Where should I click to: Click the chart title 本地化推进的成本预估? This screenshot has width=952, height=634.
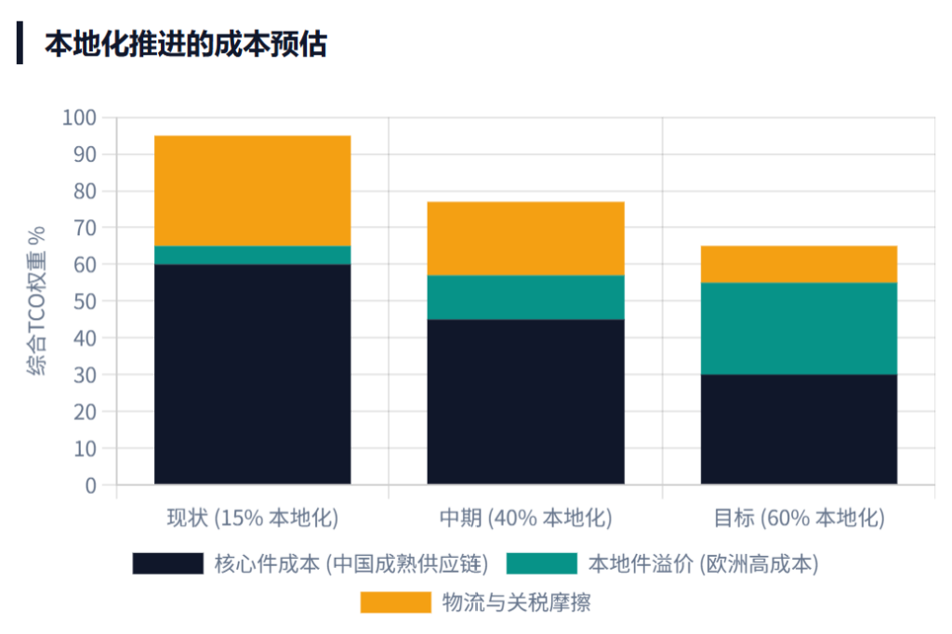(185, 44)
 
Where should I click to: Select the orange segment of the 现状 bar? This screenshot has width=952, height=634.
(252, 191)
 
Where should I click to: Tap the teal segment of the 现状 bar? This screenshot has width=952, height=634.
(252, 255)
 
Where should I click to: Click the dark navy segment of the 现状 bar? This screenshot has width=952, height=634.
(252, 374)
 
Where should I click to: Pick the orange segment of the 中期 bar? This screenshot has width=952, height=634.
(525, 238)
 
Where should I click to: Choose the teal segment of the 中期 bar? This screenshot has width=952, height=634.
(525, 297)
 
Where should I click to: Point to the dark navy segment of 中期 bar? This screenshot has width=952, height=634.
(525, 402)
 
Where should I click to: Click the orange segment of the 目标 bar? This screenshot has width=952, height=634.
(799, 264)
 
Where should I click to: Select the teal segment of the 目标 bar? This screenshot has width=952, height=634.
(799, 328)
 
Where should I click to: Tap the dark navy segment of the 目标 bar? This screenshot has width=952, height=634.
(799, 429)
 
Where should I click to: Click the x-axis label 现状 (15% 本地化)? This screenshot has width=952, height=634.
(252, 518)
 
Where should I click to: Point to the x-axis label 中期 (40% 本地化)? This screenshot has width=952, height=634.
(525, 518)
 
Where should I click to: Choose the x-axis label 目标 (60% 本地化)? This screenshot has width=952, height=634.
(799, 518)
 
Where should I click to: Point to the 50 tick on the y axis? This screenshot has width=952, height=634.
(85, 301)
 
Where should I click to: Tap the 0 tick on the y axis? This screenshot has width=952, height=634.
(90, 484)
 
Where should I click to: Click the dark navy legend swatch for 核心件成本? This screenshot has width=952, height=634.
(167, 563)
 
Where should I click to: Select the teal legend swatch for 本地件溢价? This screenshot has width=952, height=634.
(542, 563)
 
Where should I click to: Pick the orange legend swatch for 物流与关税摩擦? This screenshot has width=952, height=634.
(395, 602)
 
